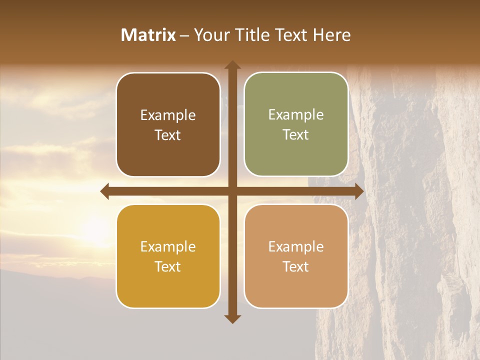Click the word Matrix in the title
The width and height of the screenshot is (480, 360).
pos(148,35)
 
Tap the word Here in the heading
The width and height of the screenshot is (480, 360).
pos(332,35)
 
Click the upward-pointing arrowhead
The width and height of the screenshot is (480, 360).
pos(232,64)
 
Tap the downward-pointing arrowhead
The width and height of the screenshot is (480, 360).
pos(232,318)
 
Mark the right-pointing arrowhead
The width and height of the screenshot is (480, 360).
pos(359,191)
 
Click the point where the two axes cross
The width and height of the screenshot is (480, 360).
pos(232,191)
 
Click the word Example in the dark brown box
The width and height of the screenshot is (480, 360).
pos(168,115)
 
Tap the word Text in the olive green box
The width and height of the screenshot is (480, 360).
pos(296,135)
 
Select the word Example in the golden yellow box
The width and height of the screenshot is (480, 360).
pos(168,247)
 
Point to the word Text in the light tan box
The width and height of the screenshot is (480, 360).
pos(296,266)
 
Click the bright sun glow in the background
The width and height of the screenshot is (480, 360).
pos(95,227)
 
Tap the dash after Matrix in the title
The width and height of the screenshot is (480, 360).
pos(185,35)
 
